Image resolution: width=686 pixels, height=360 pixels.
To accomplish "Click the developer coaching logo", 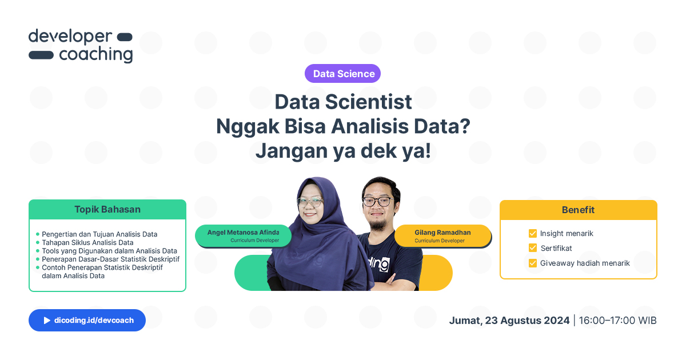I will [x=81, y=46].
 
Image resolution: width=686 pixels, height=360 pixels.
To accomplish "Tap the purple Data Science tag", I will [x=343, y=74].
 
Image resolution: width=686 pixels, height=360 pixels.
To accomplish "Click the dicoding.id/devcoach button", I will [x=87, y=321].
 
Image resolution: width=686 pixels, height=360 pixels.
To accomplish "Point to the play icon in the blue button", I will [x=47, y=321].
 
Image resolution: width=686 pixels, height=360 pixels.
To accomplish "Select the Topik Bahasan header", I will [x=107, y=210].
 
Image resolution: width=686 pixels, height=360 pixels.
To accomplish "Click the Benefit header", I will [x=578, y=210].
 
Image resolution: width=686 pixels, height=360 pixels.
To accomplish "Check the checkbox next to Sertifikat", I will [x=533, y=249].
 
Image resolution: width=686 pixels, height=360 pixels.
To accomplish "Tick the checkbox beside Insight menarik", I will [x=533, y=234].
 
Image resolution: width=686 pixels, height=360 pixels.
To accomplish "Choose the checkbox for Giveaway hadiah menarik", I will [x=533, y=263].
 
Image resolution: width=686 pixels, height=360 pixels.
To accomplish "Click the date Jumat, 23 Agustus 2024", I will [x=509, y=321].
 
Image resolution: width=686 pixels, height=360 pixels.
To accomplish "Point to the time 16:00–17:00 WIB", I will [x=617, y=321].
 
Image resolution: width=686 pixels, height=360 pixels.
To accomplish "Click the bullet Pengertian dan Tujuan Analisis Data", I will [x=99, y=234].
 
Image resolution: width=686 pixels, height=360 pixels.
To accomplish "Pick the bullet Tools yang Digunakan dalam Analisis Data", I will [x=109, y=251].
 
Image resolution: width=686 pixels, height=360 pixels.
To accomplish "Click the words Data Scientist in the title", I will [x=343, y=102].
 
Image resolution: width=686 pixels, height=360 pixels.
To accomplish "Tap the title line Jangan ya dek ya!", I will [x=343, y=151].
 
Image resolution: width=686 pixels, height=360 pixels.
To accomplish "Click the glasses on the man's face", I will [x=377, y=201].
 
